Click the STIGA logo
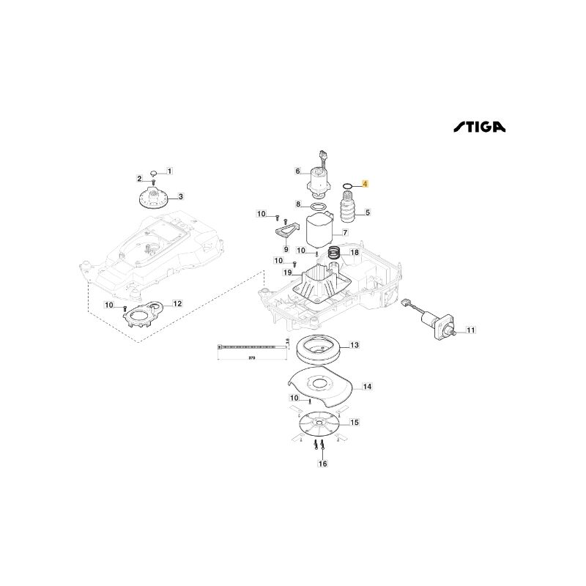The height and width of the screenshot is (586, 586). (x=477, y=127)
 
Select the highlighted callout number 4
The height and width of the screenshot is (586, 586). (x=367, y=185)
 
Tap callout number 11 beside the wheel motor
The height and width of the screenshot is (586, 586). (x=470, y=330)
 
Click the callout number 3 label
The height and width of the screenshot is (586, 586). (x=181, y=196)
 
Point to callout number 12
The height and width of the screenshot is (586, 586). (x=177, y=303)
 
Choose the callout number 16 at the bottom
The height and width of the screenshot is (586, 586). (x=322, y=464)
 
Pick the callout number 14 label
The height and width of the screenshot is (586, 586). (x=367, y=386)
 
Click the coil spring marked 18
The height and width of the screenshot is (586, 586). (x=335, y=253)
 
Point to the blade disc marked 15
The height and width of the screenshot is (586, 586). (x=319, y=423)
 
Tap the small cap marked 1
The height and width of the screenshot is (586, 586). (x=155, y=171)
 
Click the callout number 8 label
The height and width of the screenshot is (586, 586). (x=298, y=204)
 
